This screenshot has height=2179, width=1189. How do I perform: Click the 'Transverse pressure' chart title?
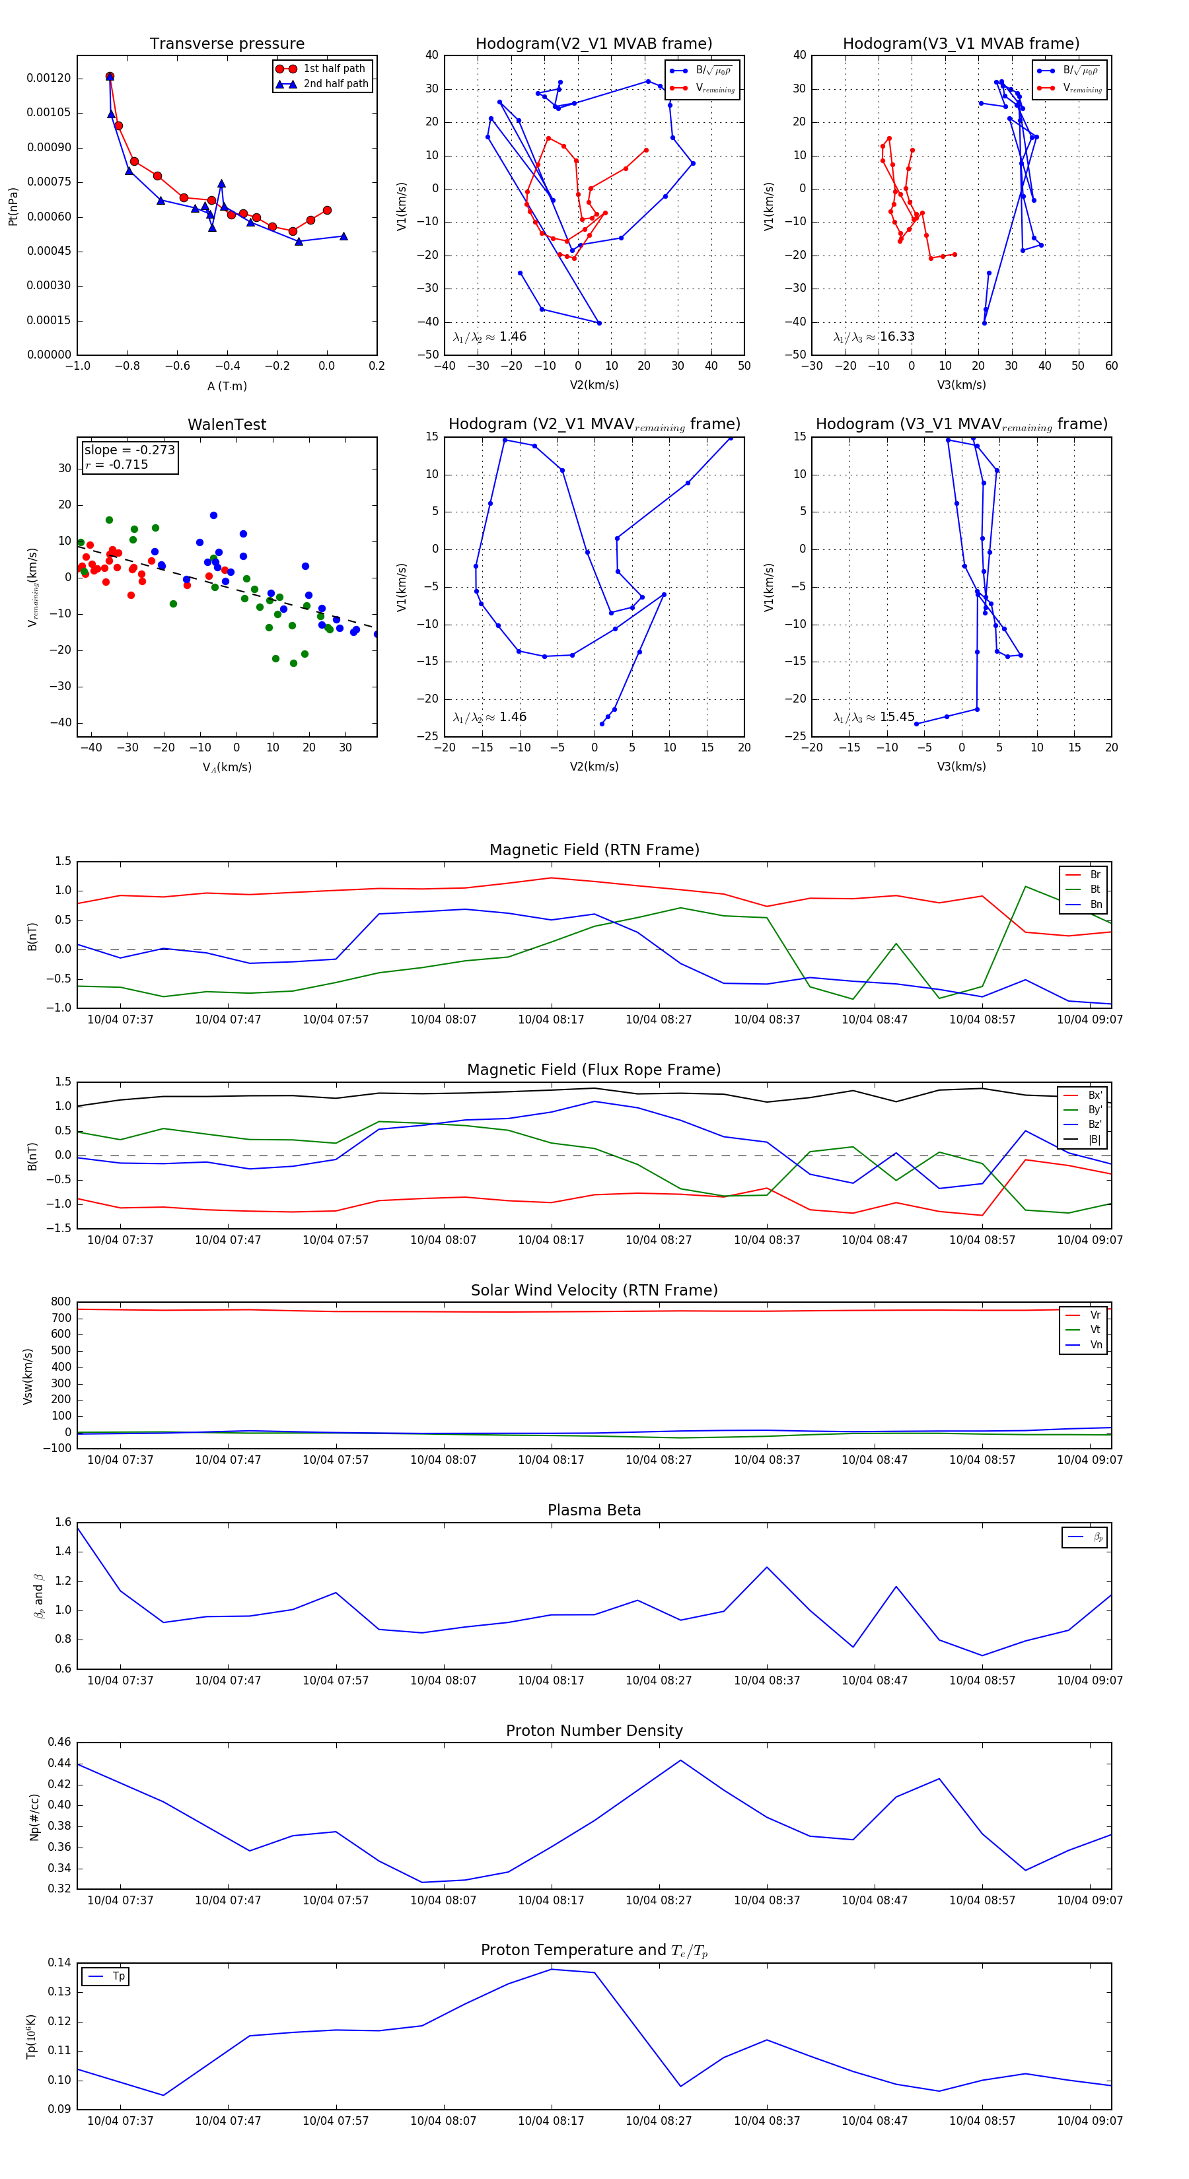[227, 44]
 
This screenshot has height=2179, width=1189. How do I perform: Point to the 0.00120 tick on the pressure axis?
[48, 78]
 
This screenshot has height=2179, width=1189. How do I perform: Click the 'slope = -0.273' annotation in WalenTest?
[129, 450]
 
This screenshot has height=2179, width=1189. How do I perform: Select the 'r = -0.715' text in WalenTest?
[117, 464]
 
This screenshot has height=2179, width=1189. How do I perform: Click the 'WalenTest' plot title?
[227, 425]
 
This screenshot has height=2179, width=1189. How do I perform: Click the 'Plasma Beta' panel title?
[594, 1510]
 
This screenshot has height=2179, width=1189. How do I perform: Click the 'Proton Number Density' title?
[594, 1731]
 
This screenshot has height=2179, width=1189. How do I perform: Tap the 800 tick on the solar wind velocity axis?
[61, 1302]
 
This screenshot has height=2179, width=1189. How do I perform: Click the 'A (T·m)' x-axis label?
[227, 386]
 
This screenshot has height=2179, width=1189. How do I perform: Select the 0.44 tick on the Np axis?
[59, 1763]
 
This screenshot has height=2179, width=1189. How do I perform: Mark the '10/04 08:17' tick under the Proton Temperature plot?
[551, 2121]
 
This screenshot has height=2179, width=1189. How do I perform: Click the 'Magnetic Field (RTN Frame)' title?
[594, 850]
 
